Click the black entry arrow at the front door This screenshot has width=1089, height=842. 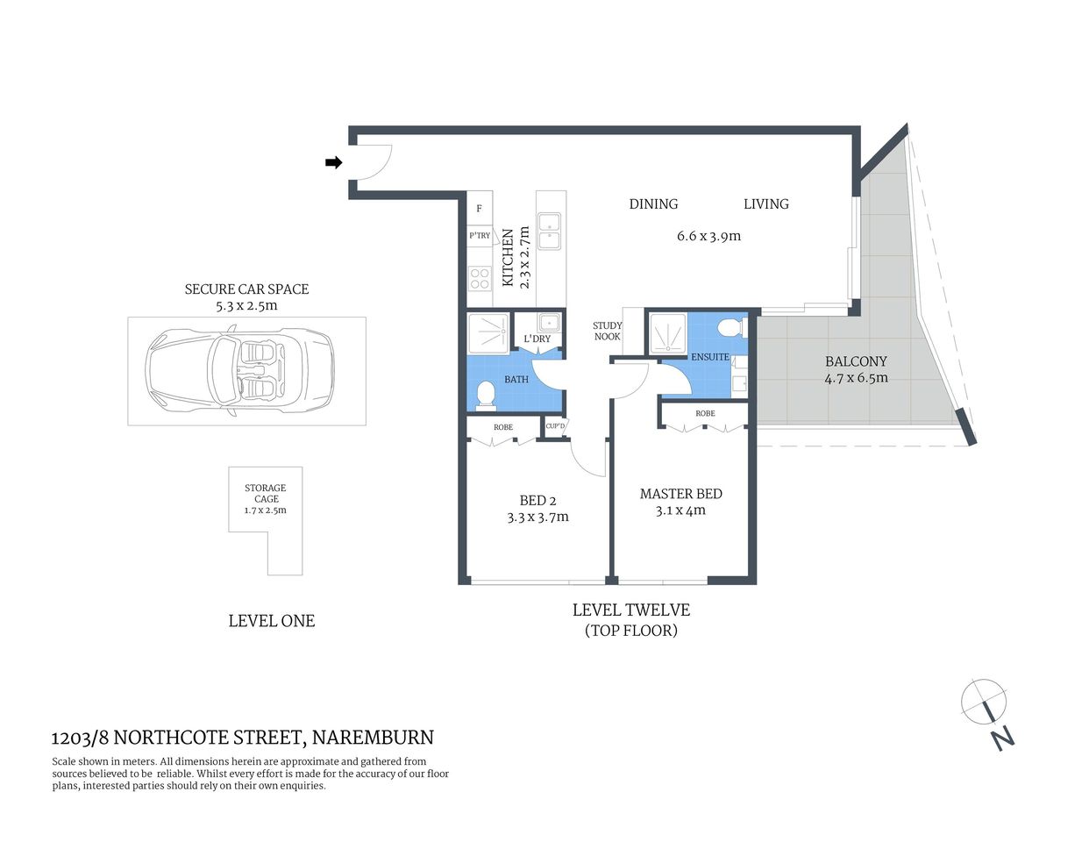[x=333, y=162]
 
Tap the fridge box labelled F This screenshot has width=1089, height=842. [x=479, y=209]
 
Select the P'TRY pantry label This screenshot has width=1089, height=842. [x=480, y=235]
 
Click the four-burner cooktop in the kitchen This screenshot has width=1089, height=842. [x=480, y=279]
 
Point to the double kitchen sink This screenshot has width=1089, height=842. [x=550, y=231]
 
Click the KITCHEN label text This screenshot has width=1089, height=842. [x=508, y=258]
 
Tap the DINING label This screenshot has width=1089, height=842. [x=653, y=203]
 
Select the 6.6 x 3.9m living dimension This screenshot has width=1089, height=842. [x=708, y=236]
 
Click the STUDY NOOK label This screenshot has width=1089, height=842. [x=607, y=331]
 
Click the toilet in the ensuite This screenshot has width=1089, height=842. [x=728, y=329]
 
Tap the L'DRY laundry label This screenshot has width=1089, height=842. [x=537, y=339]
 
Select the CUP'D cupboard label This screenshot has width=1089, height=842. [x=555, y=426]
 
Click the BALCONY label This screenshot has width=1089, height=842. [x=856, y=361]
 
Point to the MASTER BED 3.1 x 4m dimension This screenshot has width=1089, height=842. [x=680, y=510]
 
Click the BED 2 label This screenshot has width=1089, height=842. [x=537, y=500]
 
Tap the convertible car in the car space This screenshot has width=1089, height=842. [x=239, y=371]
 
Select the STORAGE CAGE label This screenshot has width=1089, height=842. [x=266, y=493]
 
